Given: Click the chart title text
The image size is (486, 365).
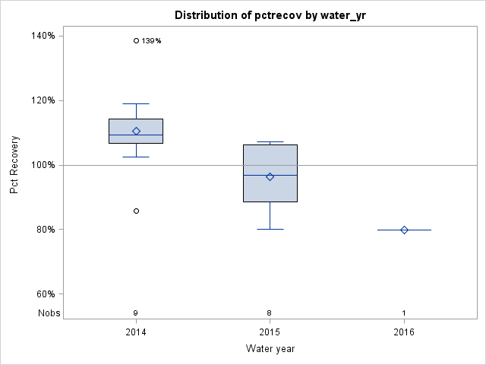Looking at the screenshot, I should (x=270, y=15).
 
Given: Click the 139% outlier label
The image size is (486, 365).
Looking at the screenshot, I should (x=151, y=41).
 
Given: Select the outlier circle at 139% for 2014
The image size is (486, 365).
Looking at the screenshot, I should (x=136, y=40).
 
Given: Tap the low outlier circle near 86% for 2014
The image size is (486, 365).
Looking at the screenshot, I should (x=136, y=211).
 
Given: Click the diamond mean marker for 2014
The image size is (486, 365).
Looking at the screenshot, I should (x=136, y=131).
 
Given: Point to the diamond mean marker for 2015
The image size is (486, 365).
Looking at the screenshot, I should (x=270, y=176).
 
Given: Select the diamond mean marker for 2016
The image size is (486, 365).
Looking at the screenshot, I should (x=404, y=230).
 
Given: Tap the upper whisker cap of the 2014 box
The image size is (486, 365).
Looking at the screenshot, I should (x=136, y=103).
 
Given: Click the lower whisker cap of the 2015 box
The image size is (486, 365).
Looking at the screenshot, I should (x=270, y=229).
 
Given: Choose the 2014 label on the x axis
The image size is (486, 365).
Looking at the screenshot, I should (x=136, y=332).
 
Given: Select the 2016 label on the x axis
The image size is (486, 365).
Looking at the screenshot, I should (x=404, y=332).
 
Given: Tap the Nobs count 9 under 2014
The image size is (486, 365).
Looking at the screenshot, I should (x=136, y=313).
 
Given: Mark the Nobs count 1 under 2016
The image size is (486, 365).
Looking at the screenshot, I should (x=404, y=313).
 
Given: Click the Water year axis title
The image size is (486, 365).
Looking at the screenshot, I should (x=270, y=349).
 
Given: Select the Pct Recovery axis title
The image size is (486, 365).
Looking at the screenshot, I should (x=14, y=165).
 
